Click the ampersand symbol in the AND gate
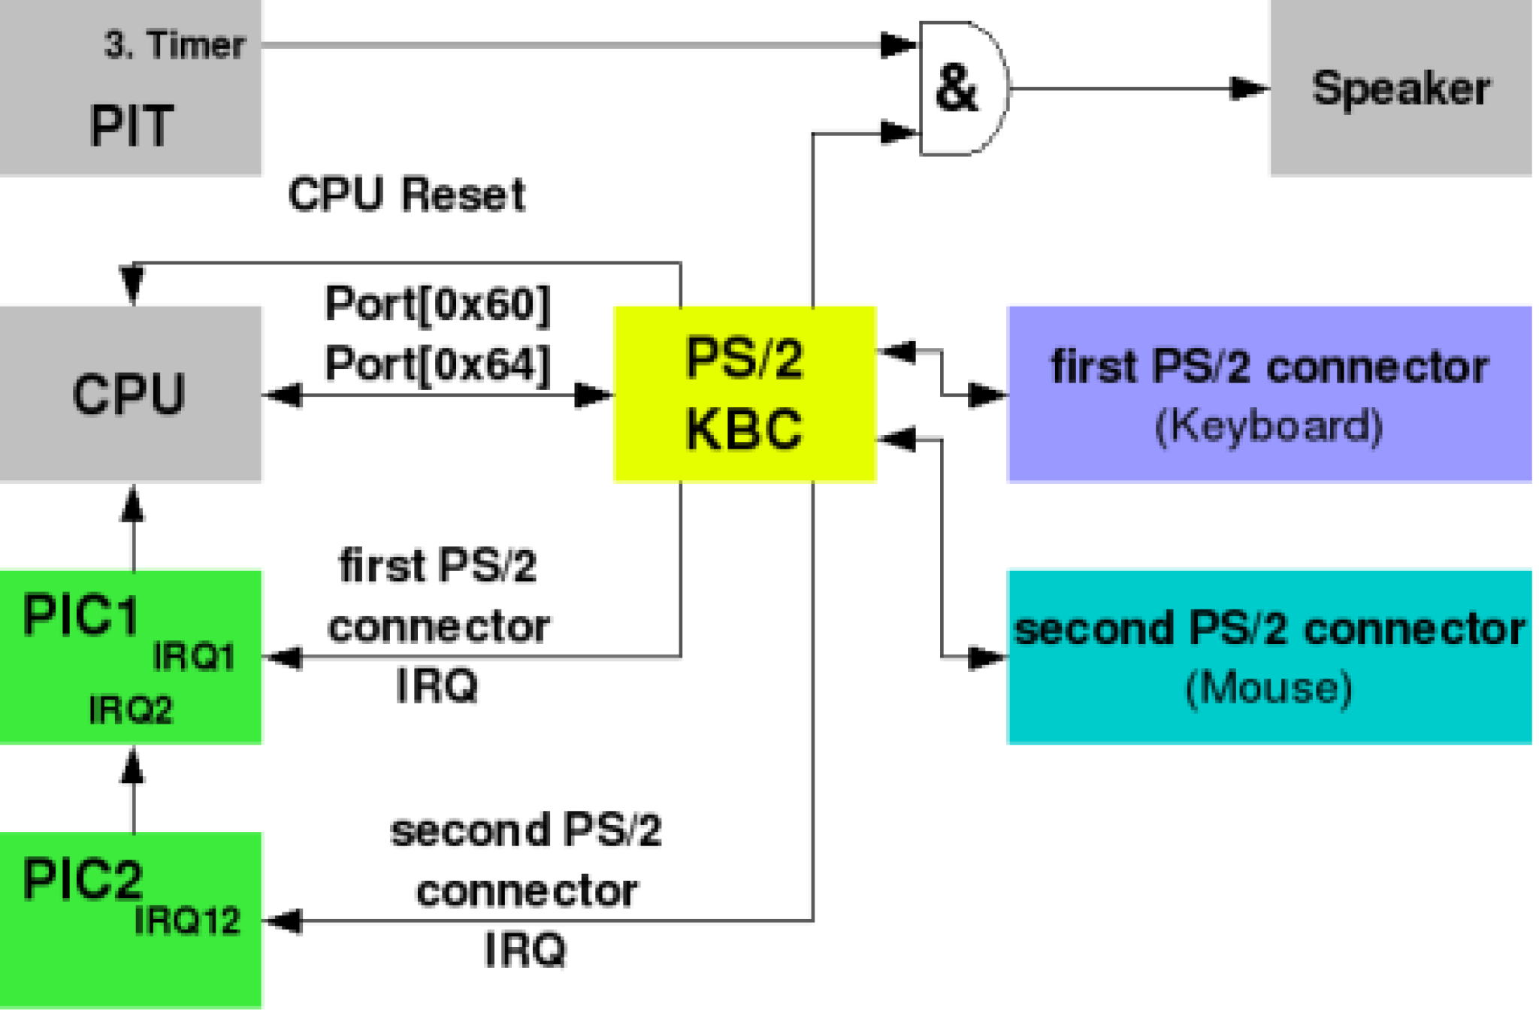pos(956,89)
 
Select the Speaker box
pos(1400,89)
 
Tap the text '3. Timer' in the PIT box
pos(174,45)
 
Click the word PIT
pos(132,125)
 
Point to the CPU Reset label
pos(407,195)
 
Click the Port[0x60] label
pos(437,304)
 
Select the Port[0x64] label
pos(437,364)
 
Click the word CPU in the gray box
pos(129,395)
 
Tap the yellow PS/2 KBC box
pos(744,393)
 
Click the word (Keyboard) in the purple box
pos(1268,427)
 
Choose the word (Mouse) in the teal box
pos(1268,688)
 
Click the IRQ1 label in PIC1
pos(194,658)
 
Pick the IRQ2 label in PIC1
pos(131,710)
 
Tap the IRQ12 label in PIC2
pos(187,921)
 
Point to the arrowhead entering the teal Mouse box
pos(986,658)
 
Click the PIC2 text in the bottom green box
pos(83,879)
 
